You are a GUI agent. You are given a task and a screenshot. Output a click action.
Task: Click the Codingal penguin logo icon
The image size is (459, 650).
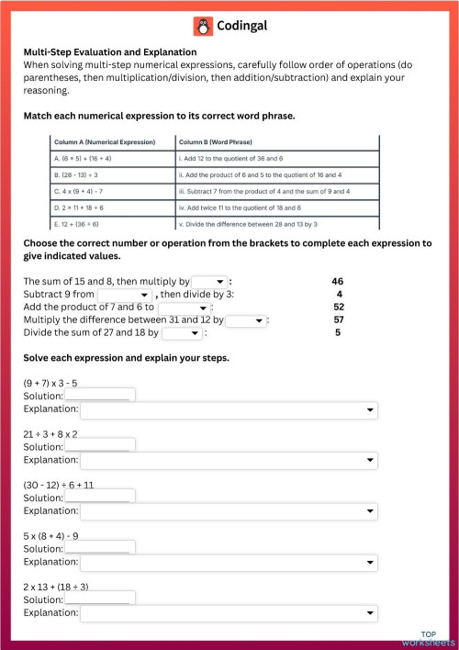203,27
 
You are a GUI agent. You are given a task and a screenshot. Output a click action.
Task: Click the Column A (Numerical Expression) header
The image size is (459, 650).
105,142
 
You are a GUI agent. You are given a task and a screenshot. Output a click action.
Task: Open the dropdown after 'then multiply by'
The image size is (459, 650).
208,281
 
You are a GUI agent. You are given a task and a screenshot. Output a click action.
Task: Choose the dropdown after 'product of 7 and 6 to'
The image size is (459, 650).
185,307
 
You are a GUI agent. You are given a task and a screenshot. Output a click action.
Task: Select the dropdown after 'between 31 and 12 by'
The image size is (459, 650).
246,319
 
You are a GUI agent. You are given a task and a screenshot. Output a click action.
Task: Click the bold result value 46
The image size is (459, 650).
338,281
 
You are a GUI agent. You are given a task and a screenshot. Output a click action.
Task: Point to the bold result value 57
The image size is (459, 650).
338,319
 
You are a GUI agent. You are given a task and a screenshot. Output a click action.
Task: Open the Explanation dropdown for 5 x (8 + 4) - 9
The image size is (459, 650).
229,561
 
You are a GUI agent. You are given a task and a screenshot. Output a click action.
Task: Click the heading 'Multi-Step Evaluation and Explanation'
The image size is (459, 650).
110,52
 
